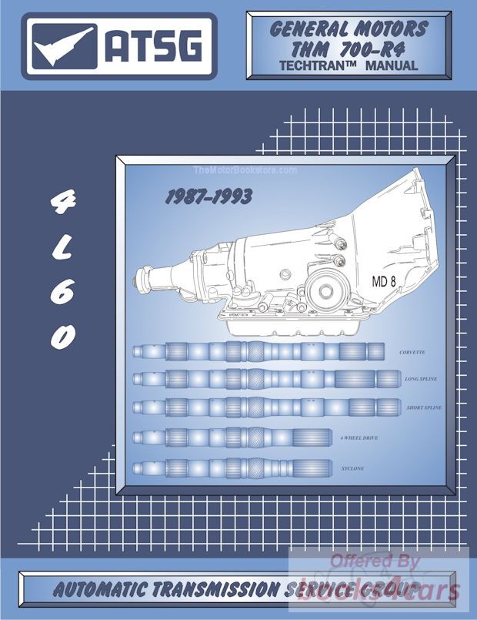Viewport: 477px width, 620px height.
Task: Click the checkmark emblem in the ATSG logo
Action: pos(62,45)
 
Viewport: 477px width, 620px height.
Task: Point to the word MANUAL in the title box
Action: pos(391,66)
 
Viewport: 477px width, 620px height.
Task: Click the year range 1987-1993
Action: pos(208,197)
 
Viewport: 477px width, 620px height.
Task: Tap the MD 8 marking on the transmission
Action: pos(384,281)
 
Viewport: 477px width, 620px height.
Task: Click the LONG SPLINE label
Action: pos(423,380)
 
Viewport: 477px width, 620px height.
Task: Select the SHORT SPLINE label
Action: pos(424,407)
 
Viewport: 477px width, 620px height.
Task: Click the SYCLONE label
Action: pos(352,468)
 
